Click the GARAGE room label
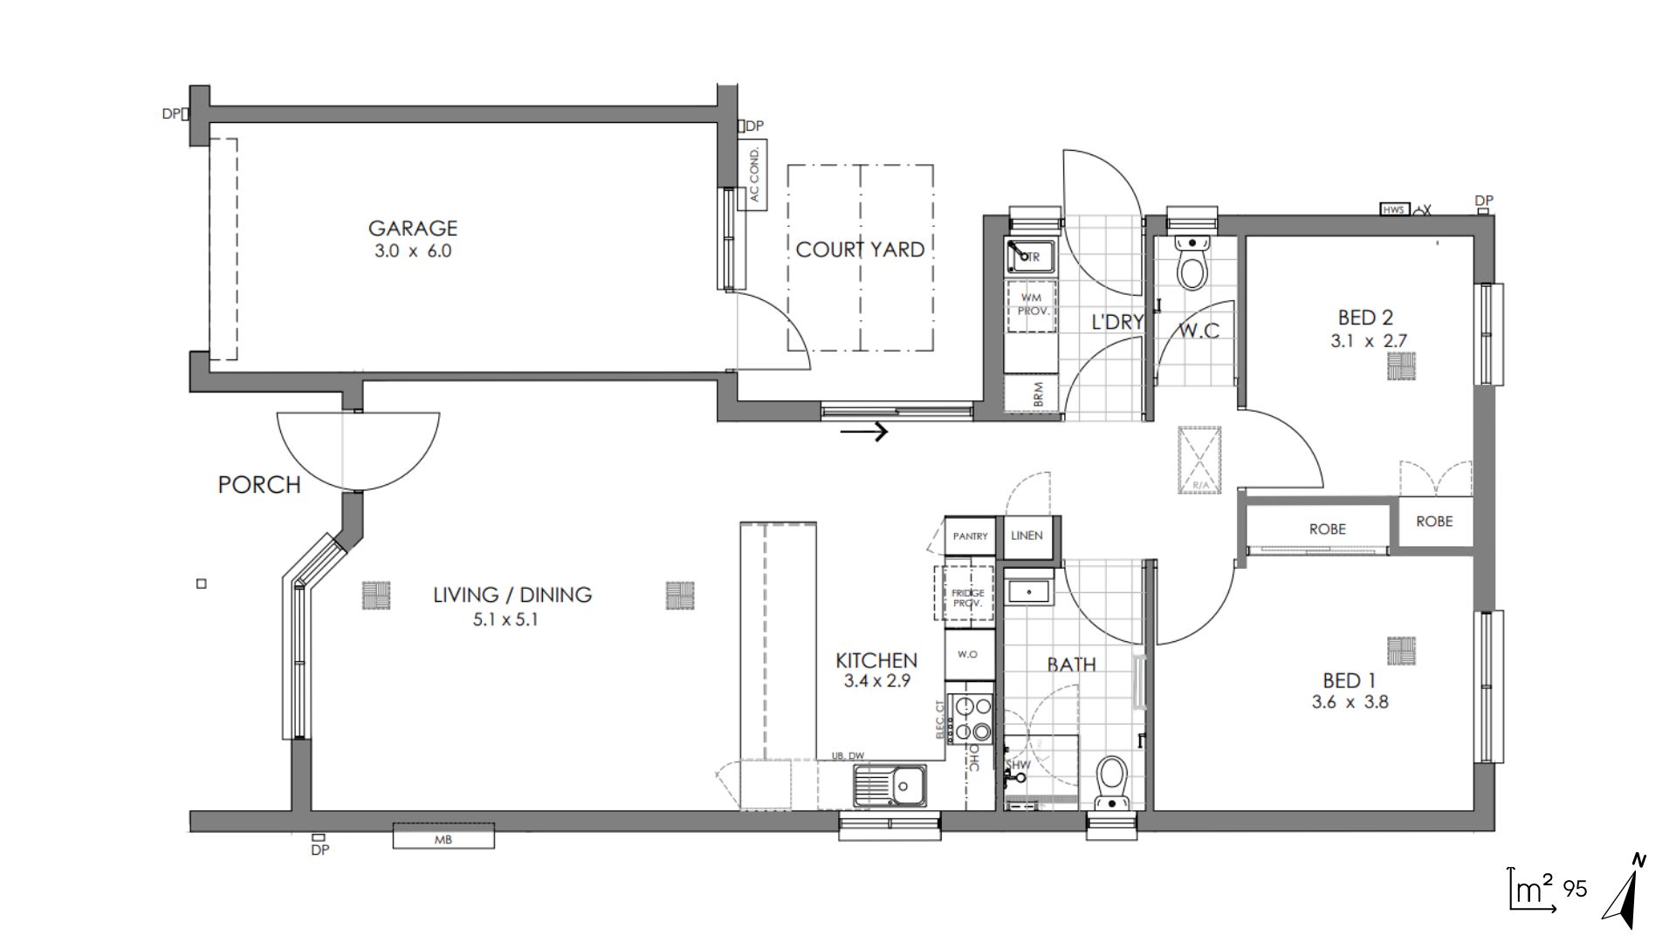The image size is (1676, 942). tap(412, 229)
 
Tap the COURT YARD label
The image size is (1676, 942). tap(860, 250)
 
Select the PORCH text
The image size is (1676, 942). tap(259, 485)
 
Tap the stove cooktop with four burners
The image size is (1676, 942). tap(972, 718)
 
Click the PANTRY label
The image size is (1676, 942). tap(970, 536)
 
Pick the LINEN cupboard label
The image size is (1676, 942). tap(1027, 536)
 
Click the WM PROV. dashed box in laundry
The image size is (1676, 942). tap(1031, 304)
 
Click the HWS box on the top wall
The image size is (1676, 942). tap(1394, 209)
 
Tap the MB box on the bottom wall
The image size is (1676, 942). tap(443, 839)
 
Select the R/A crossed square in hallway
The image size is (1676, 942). tap(1199, 460)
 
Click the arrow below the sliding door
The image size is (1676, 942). tap(864, 430)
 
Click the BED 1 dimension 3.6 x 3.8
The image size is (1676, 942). tap(1350, 702)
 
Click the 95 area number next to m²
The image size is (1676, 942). tap(1575, 890)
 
